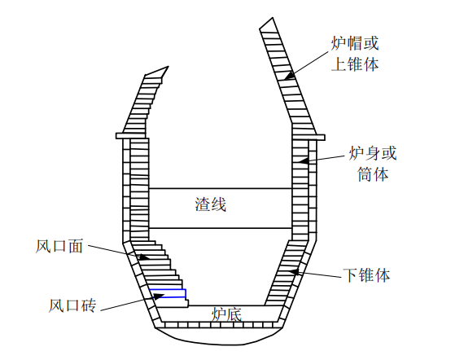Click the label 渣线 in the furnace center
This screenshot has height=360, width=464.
pyautogui.click(x=210, y=204)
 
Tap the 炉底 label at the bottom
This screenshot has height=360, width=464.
pyautogui.click(x=226, y=314)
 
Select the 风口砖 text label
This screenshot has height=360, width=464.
pyautogui.click(x=72, y=305)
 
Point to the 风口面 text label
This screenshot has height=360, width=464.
pyautogui.click(x=59, y=246)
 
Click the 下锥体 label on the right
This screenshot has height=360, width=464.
pyautogui.click(x=366, y=275)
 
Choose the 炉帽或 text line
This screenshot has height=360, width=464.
pyautogui.click(x=355, y=43)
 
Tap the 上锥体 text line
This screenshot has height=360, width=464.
pyautogui.click(x=355, y=64)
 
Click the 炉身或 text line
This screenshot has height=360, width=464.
pyautogui.click(x=373, y=153)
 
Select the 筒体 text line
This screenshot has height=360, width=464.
pyautogui.click(x=373, y=174)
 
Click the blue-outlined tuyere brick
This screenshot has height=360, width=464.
pyautogui.click(x=168, y=293)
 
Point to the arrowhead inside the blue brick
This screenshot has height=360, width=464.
pyautogui.click(x=158, y=296)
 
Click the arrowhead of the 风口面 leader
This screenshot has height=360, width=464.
pyautogui.click(x=144, y=257)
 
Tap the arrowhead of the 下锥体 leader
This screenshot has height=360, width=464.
pyautogui.click(x=294, y=271)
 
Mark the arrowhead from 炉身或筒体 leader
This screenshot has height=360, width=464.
pyautogui.click(x=304, y=160)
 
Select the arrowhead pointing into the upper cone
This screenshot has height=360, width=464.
pyautogui.click(x=290, y=76)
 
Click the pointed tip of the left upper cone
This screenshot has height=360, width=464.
pyautogui.click(x=168, y=67)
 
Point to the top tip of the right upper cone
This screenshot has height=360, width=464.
pyautogui.click(x=272, y=18)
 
